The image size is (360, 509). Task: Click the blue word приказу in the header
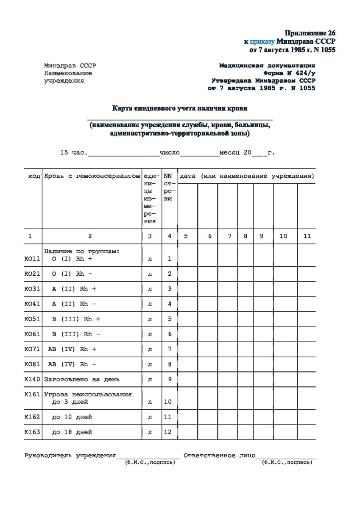[x=262, y=42]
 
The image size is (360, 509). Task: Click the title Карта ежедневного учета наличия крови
[x=180, y=108]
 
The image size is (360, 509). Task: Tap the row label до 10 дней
[x=72, y=417]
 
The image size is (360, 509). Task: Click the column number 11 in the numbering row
[x=307, y=236]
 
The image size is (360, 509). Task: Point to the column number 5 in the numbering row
[x=186, y=236]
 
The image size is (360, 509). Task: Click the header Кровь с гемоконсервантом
[x=92, y=176]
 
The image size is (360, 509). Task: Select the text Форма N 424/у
[x=289, y=73]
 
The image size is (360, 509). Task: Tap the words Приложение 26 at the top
[x=310, y=33]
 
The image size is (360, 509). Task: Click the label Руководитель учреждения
[x=70, y=456]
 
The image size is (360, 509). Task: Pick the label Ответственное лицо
[x=219, y=456]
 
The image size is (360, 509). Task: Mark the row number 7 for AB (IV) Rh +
[x=170, y=349]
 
